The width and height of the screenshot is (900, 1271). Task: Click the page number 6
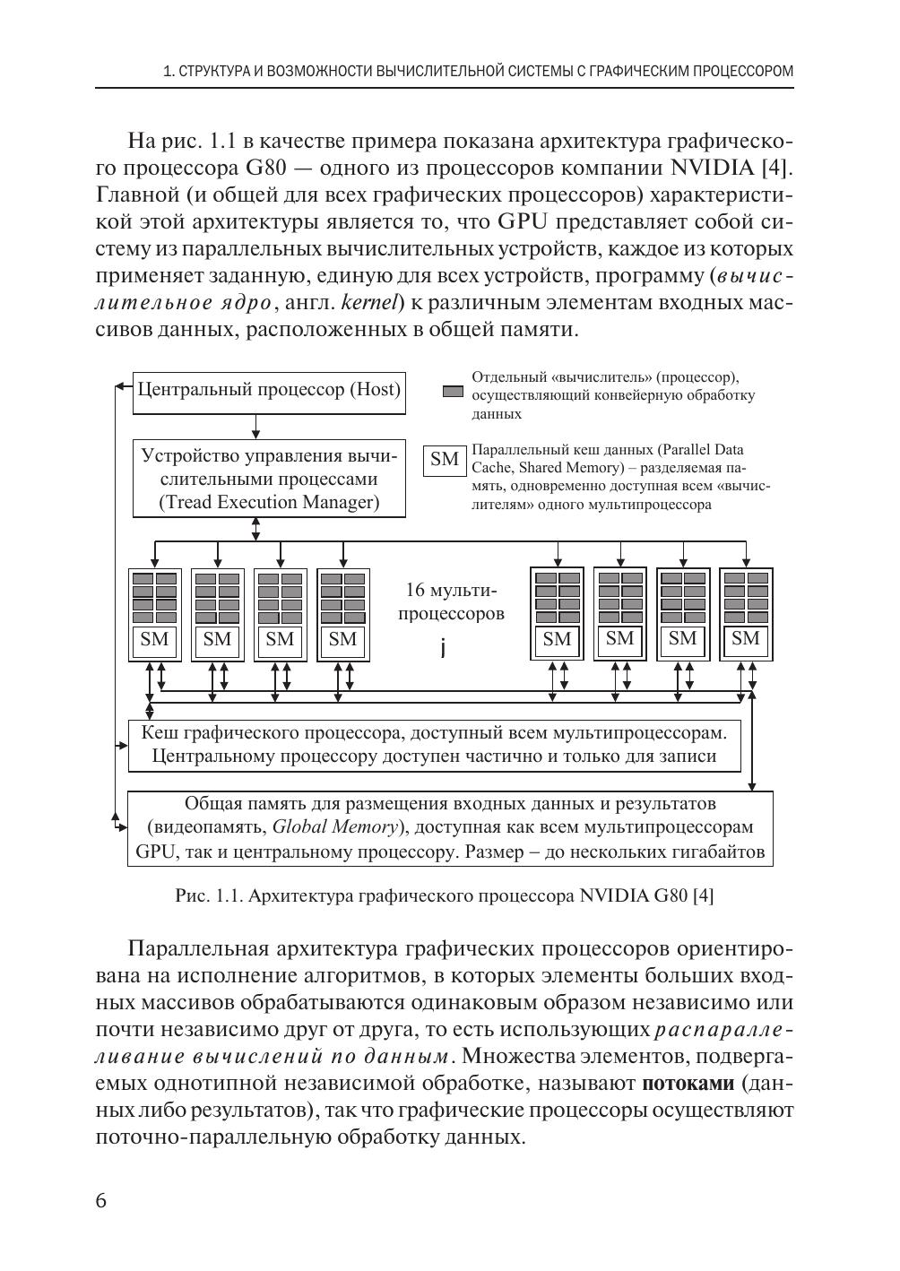tap(100, 1201)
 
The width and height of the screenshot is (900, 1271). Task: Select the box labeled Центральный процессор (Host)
tap(269, 392)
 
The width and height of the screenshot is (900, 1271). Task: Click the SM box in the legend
tap(444, 460)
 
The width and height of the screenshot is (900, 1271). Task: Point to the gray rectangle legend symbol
tap(454, 392)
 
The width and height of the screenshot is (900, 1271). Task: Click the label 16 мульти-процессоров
tap(450, 602)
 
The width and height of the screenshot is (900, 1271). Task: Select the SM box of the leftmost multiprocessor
tap(154, 640)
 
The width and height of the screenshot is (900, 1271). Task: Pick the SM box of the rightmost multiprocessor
tap(746, 639)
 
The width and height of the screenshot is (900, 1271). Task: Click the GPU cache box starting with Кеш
tap(435, 745)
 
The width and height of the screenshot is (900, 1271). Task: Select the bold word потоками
tap(688, 1084)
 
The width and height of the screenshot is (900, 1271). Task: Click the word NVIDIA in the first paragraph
tap(713, 168)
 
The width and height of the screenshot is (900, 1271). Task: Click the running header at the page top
tap(479, 71)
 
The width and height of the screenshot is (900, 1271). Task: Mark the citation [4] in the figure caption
tap(704, 895)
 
